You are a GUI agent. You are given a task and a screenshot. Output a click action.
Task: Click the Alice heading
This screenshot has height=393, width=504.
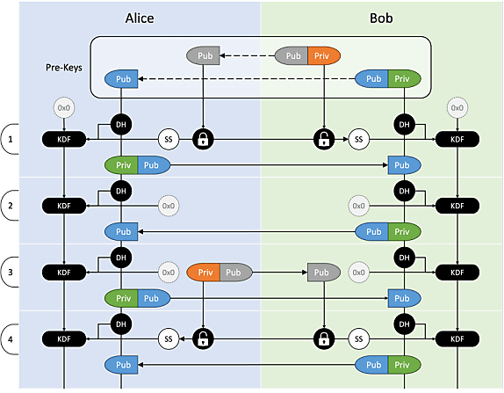click(x=140, y=18)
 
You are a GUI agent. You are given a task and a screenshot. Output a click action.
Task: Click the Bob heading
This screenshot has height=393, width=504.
click(x=381, y=18)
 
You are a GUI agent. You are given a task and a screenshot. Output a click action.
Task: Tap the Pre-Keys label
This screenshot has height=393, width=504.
click(x=63, y=68)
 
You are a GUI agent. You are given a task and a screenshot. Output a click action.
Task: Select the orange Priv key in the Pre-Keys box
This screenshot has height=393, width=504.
click(x=324, y=55)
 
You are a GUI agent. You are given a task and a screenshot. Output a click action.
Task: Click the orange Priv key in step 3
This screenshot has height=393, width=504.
click(x=203, y=273)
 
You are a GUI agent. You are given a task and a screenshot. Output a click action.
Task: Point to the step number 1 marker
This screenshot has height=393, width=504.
click(x=11, y=140)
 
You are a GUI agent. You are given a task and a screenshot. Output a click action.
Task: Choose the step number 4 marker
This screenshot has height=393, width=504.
click(x=11, y=339)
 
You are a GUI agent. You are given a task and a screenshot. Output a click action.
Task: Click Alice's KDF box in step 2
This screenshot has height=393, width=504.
click(x=64, y=206)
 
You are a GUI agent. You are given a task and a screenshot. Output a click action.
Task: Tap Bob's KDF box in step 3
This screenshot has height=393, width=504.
click(x=457, y=273)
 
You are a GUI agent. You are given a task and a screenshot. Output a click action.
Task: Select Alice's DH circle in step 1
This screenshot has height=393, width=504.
click(x=121, y=125)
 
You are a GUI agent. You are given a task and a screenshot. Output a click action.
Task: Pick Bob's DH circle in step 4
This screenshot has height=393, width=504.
click(x=405, y=324)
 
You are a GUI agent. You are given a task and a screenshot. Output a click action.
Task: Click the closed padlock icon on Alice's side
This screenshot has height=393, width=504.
click(x=203, y=140)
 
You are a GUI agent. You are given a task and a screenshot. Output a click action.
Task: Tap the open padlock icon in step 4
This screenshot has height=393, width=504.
click(x=203, y=338)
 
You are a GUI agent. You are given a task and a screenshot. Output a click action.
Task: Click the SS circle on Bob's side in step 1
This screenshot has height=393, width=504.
click(x=359, y=140)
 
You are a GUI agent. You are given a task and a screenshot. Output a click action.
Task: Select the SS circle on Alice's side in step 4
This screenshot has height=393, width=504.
click(x=169, y=338)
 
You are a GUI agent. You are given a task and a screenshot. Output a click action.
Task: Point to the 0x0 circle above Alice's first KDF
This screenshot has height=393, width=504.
click(x=64, y=108)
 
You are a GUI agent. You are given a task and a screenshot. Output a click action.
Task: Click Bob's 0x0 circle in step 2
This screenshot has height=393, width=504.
click(x=359, y=206)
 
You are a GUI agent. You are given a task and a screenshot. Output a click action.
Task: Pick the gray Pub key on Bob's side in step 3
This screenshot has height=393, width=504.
click(x=324, y=273)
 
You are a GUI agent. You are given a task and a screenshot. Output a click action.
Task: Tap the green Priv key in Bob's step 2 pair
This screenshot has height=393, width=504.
click(x=405, y=232)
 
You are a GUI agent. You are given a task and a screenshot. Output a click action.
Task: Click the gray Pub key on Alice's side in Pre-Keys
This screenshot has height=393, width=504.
click(x=203, y=55)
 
